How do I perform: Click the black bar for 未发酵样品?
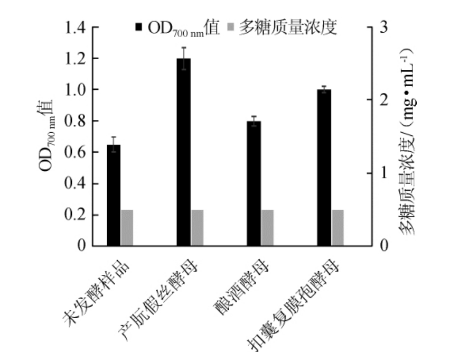click(x=114, y=195)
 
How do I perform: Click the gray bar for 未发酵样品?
click(x=127, y=228)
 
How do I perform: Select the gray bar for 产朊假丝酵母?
click(x=197, y=228)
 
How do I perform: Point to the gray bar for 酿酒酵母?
click(x=267, y=228)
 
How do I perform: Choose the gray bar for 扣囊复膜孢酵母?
click(x=337, y=228)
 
